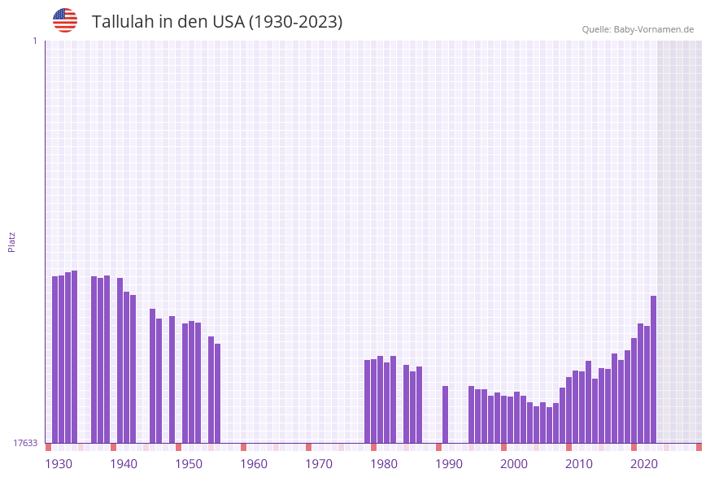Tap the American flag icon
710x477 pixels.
tap(65, 20)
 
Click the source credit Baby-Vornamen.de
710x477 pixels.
tap(638, 29)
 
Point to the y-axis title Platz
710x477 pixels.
tap(12, 241)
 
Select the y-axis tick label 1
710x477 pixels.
tap(34, 41)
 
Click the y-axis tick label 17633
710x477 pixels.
tap(25, 443)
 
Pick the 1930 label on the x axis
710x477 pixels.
tap(59, 464)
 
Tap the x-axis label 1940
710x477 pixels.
tap(124, 464)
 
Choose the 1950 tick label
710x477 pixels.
tap(189, 464)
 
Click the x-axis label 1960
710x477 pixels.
tap(254, 464)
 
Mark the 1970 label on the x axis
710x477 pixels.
tap(319, 464)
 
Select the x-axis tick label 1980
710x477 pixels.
tap(384, 464)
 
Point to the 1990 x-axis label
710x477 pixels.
tap(449, 464)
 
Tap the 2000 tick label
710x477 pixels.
tap(514, 464)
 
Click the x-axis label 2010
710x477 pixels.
tap(579, 464)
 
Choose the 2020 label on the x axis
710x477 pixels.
tap(644, 464)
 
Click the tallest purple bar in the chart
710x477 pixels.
tap(75, 357)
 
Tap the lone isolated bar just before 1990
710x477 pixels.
tap(446, 414)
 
